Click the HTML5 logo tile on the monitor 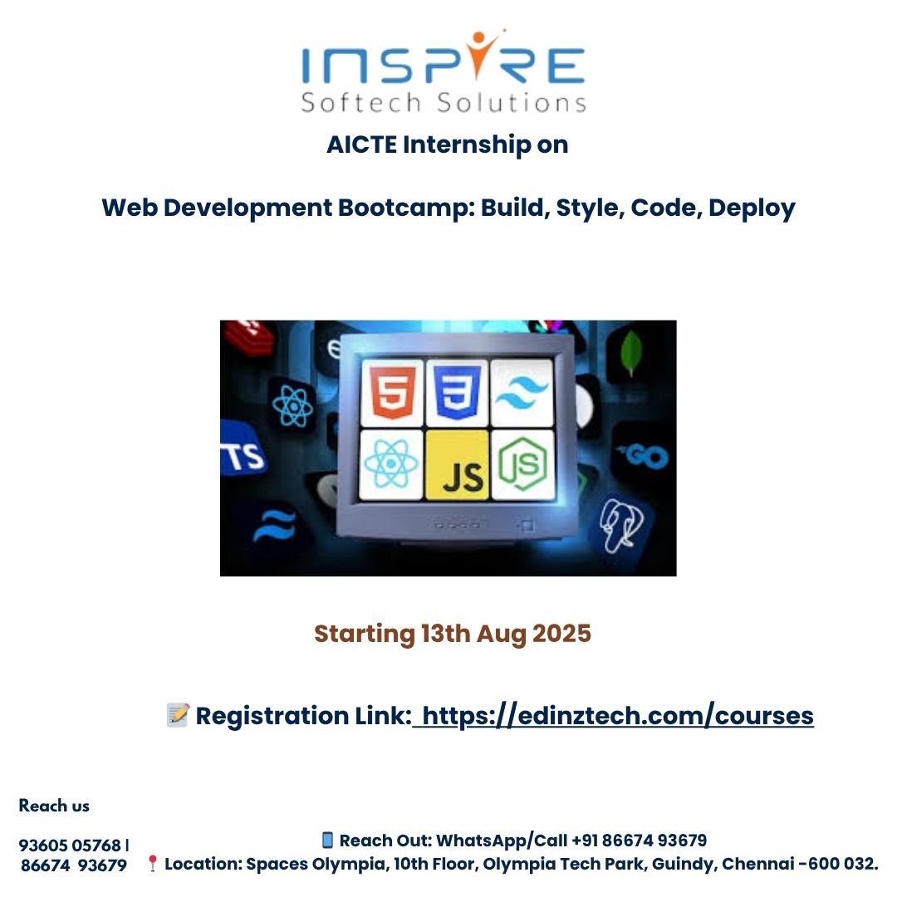tap(392, 393)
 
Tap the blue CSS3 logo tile tap(457, 393)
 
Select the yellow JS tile tap(457, 465)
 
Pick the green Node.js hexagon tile tap(523, 465)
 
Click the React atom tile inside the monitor tap(391, 465)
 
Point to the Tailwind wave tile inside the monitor tap(522, 393)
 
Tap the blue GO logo tap(645, 456)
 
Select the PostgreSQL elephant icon tap(621, 525)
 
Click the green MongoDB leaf tap(631, 352)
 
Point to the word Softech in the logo tap(361, 102)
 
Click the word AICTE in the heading tap(361, 145)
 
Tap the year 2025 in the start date tap(561, 633)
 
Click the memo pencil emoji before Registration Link tap(178, 715)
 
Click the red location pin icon tap(152, 863)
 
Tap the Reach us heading tap(54, 806)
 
